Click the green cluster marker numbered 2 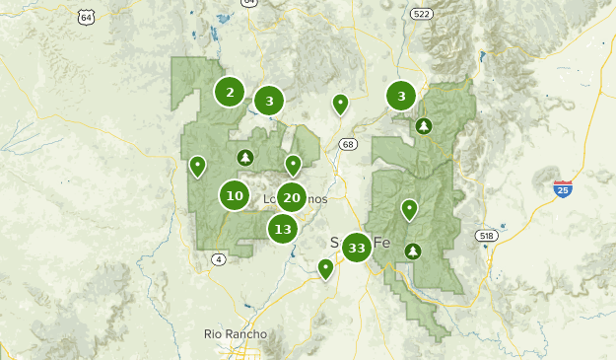[x=230, y=93]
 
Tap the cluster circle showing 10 [x=235, y=195]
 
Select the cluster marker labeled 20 [x=291, y=197]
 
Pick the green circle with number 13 [x=283, y=229]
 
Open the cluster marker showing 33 [x=356, y=248]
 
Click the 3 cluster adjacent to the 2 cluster [x=269, y=100]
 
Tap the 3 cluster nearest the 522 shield [x=401, y=96]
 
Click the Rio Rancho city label [x=236, y=334]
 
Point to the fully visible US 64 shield [x=87, y=18]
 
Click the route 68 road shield [x=348, y=145]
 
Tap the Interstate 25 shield [x=562, y=188]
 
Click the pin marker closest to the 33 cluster [x=325, y=267]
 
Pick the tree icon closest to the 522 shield [x=424, y=125]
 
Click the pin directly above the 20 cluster [x=293, y=164]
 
